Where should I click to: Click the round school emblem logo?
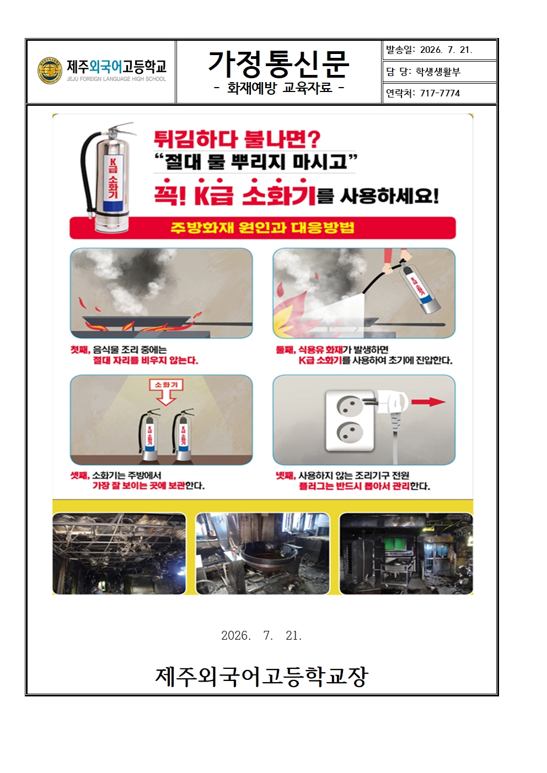click(50, 71)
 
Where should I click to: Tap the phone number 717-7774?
click(440, 93)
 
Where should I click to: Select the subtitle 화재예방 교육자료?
click(280, 88)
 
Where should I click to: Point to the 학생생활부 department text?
click(438, 72)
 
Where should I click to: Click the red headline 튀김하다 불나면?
click(237, 139)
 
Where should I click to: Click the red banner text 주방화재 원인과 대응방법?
click(262, 228)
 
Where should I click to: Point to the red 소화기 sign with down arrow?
click(166, 392)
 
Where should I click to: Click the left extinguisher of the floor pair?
click(149, 435)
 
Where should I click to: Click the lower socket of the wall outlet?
click(350, 432)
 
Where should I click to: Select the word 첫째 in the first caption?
click(81, 350)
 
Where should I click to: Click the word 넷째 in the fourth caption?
click(286, 475)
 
